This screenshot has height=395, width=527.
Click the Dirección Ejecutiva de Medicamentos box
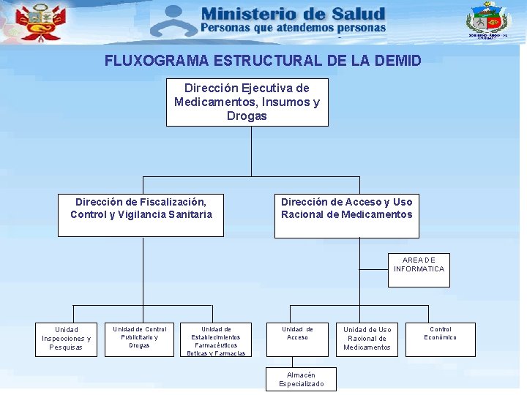click(247, 102)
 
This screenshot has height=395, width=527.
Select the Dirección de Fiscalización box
click(141, 215)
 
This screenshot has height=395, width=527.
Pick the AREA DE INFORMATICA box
click(419, 270)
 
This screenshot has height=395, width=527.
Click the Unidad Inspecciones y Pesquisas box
click(66, 339)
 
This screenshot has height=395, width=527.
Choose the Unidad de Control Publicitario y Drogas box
click(139, 339)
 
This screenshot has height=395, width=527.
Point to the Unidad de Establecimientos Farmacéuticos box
click(215, 340)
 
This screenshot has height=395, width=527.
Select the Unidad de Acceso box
click(297, 339)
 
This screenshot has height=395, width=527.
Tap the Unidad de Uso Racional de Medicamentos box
click(367, 339)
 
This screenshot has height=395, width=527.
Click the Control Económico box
click(440, 339)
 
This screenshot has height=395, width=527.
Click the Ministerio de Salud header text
click(292, 14)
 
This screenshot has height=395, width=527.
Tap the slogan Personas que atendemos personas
click(292, 28)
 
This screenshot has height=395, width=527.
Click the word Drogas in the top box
click(247, 116)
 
